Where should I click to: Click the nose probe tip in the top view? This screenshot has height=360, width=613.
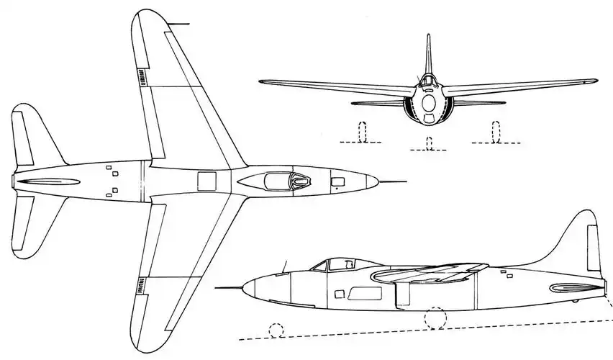[x=405, y=181]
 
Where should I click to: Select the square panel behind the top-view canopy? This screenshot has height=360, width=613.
[x=207, y=181]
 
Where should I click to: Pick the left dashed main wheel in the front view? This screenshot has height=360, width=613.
[x=363, y=133]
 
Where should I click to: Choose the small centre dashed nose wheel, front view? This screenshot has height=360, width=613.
[x=429, y=145]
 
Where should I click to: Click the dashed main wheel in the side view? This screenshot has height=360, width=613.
[x=435, y=318]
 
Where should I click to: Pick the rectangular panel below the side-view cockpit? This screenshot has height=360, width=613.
[x=358, y=293]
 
